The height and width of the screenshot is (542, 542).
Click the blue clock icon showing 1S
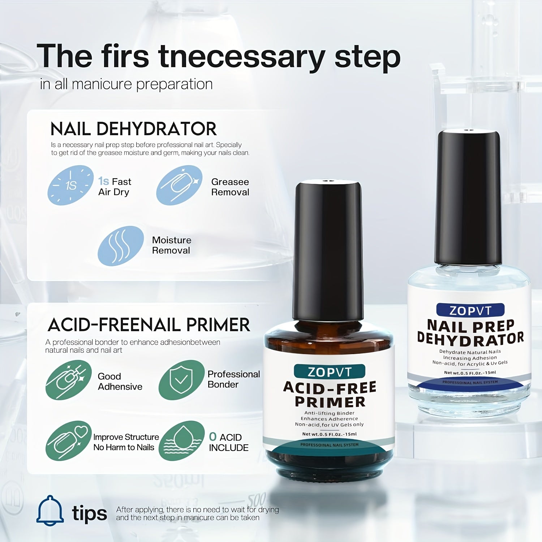(x=70, y=185)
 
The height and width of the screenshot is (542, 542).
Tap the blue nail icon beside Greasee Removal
(x=179, y=185)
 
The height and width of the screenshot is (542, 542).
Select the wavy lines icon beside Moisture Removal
(x=121, y=246)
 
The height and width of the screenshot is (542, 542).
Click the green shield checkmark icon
(x=181, y=380)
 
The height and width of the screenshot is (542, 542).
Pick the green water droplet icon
(x=181, y=441)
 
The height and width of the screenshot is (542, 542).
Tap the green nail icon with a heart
(x=69, y=441)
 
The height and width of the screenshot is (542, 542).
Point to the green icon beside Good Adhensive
(x=69, y=380)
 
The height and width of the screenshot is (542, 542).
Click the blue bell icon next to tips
(x=50, y=510)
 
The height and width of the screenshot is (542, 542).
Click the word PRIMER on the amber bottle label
(x=330, y=402)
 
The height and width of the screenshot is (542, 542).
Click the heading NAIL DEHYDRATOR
(x=134, y=129)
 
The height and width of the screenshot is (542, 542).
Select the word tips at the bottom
(x=90, y=513)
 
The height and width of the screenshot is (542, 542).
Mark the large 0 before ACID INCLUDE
(x=213, y=436)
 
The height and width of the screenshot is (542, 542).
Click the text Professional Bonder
(x=234, y=379)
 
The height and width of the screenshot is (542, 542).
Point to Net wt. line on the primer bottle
(x=329, y=434)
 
